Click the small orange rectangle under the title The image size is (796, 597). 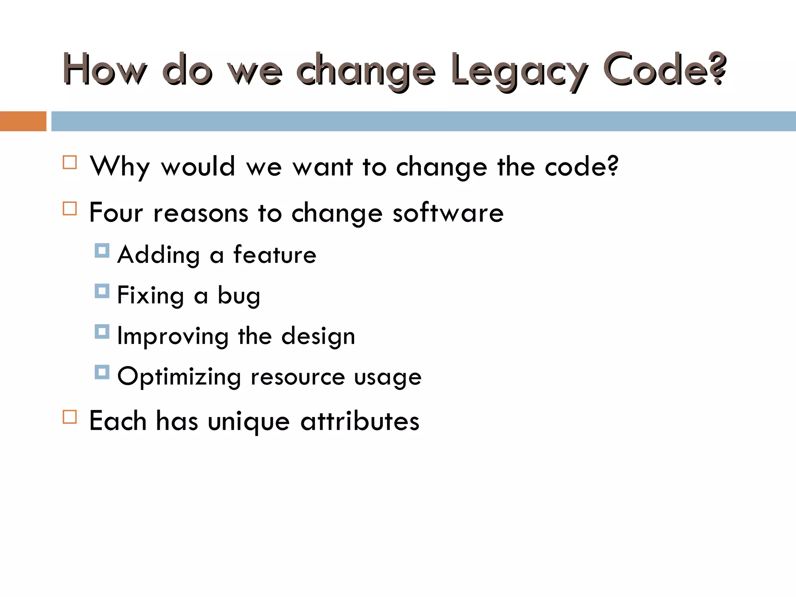[23, 121]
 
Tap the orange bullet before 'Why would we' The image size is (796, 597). [70, 162]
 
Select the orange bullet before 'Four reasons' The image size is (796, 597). [70, 208]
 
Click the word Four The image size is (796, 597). [116, 213]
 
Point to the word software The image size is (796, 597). [448, 213]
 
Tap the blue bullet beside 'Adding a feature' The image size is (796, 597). [102, 251]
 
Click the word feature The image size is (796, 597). [275, 255]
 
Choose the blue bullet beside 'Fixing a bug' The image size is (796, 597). [102, 291]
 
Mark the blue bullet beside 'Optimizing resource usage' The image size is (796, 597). [102, 372]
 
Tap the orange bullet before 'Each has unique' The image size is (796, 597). [70, 417]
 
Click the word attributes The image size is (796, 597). [360, 421]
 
